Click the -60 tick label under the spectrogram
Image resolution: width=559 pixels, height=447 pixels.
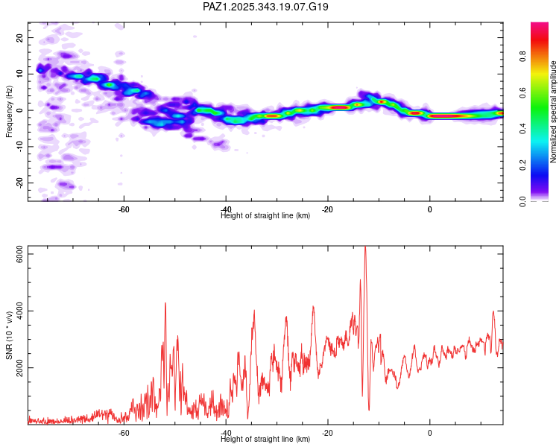pyautogui.click(x=124, y=209)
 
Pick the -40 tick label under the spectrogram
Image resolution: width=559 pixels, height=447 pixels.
pyautogui.click(x=227, y=209)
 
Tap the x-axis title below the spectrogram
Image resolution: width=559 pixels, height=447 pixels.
pyautogui.click(x=265, y=216)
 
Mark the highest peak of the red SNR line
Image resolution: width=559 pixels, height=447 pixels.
pyautogui.click(x=364, y=247)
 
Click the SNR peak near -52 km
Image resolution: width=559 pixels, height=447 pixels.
pyautogui.click(x=165, y=303)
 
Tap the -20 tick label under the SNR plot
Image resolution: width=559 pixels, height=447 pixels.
pyautogui.click(x=328, y=432)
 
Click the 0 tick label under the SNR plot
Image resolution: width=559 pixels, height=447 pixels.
pyautogui.click(x=430, y=432)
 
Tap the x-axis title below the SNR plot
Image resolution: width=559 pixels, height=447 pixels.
pyautogui.click(x=265, y=440)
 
